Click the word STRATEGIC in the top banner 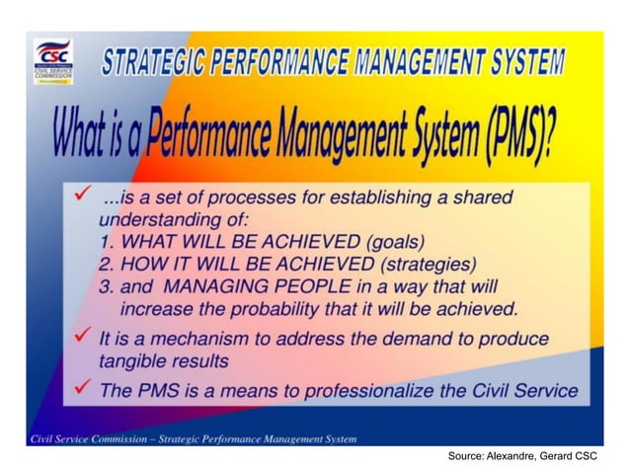click(x=154, y=62)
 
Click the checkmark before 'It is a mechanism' click(x=84, y=337)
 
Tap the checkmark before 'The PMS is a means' click(x=84, y=388)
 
